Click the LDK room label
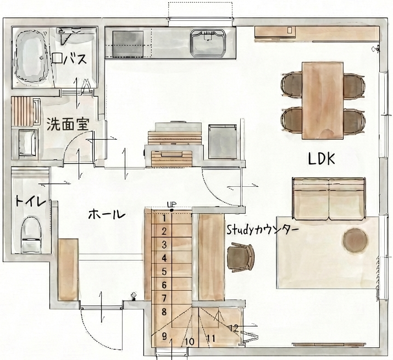[322, 159]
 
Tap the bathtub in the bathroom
[31, 57]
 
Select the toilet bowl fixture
[31, 234]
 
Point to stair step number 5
[164, 272]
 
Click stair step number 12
[234, 328]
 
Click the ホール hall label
[107, 214]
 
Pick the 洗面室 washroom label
[68, 124]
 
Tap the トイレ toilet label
[31, 202]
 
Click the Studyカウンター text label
[263, 230]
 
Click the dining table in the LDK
[323, 101]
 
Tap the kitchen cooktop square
[128, 44]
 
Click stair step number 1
[164, 218]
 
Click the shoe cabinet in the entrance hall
[68, 270]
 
